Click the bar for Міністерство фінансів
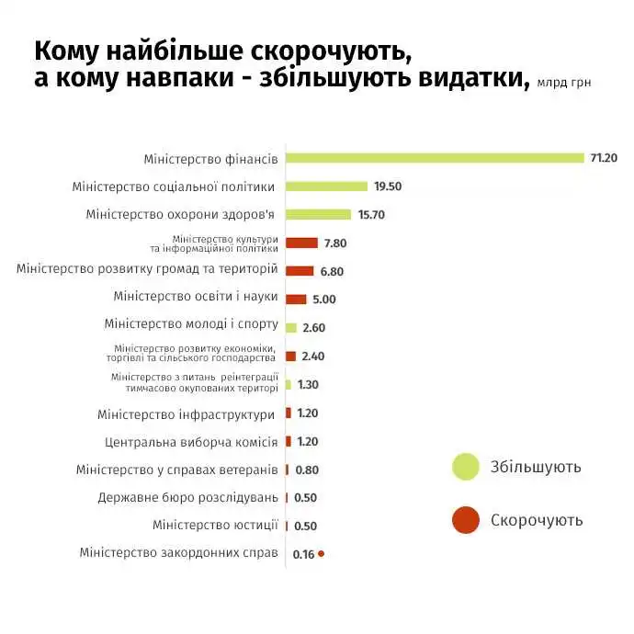435,157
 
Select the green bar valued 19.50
326,186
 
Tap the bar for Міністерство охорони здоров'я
318,214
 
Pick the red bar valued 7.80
301,243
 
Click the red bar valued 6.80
300,271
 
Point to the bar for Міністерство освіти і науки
296,299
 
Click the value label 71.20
604,158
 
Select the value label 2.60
314,328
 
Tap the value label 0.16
303,554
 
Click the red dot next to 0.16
321,554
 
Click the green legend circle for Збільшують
466,467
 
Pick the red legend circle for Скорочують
466,520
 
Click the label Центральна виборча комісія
191,441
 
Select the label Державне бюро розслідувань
187,498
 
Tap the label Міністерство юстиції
215,526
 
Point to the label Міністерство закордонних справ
178,553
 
